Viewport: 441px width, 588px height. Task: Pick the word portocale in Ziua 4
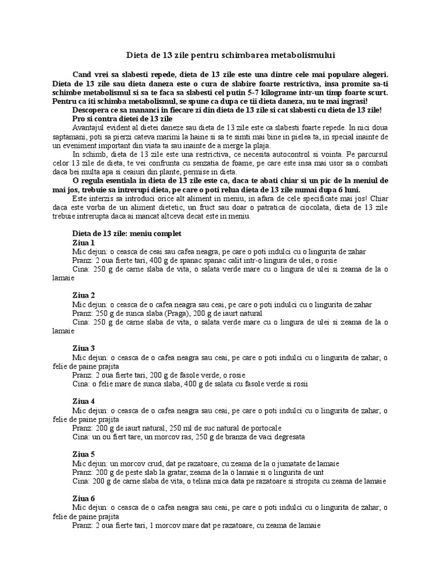[x=264, y=428]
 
